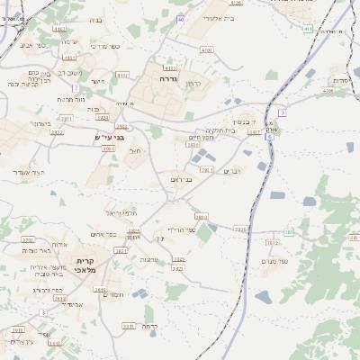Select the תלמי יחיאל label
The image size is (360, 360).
pos(119,212)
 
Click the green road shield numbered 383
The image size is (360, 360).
pos(288,232)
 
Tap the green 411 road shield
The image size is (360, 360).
pos(308,29)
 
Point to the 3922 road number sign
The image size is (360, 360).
pos(58,132)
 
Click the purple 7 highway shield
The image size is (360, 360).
pos(75,87)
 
